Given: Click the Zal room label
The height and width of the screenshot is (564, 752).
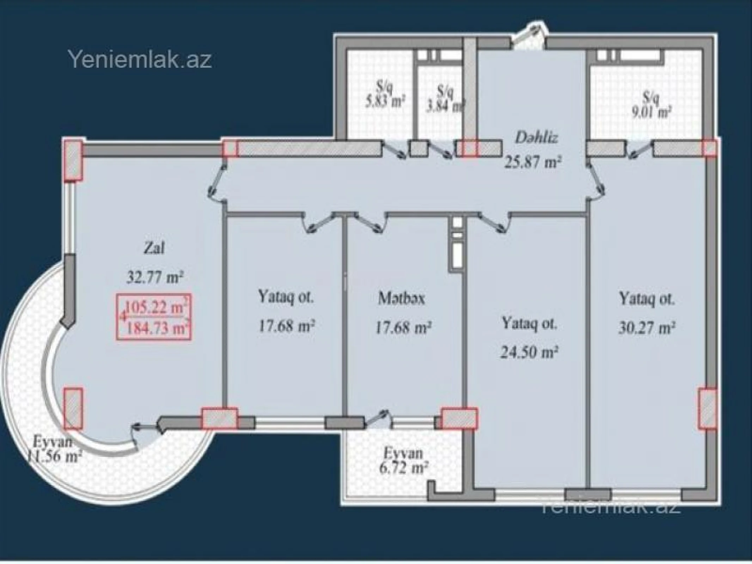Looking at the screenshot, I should click(x=154, y=249).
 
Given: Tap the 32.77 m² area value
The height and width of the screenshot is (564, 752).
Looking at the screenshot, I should click(x=155, y=277).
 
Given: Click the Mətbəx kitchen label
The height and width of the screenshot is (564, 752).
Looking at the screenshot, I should click(x=402, y=299).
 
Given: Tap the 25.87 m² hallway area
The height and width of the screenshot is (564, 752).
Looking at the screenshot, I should click(x=533, y=163).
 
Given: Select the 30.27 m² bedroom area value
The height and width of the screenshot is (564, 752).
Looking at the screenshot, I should click(x=647, y=328).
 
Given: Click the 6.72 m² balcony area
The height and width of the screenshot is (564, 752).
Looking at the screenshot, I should click(x=403, y=468).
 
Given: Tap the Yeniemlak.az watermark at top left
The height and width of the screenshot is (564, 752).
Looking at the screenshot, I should click(x=140, y=60).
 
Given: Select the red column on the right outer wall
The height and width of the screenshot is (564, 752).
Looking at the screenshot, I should click(x=708, y=409).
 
